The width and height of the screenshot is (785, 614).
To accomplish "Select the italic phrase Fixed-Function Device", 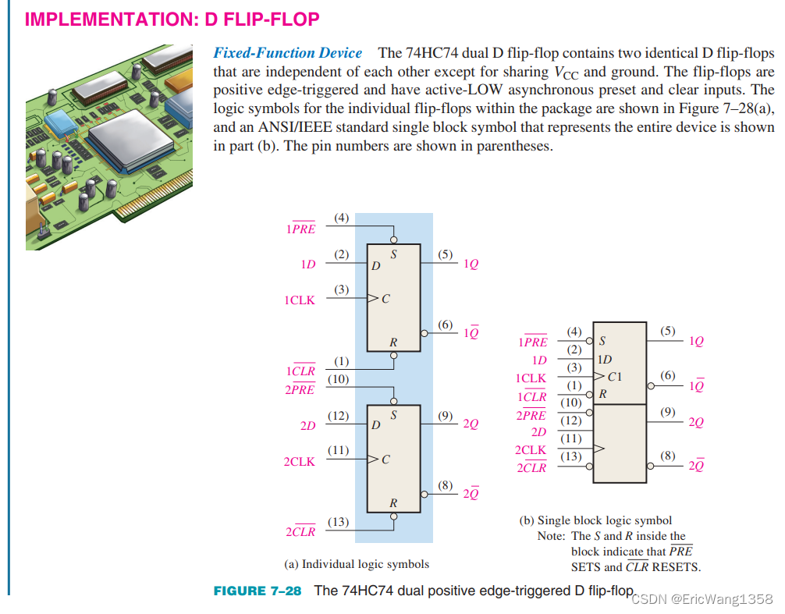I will coord(288,53).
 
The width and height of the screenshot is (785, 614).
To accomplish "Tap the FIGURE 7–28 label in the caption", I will coord(258,591).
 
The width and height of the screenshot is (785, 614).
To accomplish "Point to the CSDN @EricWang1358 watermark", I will coord(701,599).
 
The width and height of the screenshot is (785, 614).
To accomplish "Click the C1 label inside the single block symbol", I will coord(615,377).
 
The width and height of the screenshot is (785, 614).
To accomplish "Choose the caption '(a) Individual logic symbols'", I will coord(356,563).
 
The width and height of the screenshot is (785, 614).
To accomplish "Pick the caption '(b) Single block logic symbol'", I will coord(595,520).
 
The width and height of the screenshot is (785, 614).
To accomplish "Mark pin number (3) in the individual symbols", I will coord(341,289).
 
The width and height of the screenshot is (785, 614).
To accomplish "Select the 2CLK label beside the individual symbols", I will coord(300,462).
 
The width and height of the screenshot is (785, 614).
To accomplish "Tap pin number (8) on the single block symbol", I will coord(668,455).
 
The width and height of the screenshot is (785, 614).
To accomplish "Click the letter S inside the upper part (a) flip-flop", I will coord(393,254).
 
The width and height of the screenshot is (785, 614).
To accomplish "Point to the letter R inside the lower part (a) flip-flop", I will coord(393,503).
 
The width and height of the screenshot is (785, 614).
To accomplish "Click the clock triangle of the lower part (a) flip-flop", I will coord(373,460).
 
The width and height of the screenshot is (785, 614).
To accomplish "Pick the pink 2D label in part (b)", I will coord(539,431).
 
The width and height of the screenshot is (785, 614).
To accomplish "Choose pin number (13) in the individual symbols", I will coord(338,522).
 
